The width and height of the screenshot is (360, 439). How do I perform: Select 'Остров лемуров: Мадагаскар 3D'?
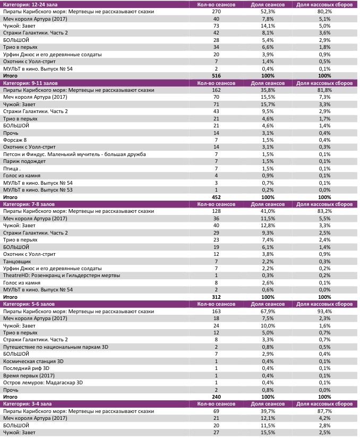tap(43, 382)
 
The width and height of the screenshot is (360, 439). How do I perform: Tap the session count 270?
tap(217, 11)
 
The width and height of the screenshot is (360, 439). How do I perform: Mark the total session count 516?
tap(216, 76)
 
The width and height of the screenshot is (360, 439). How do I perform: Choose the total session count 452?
tap(216, 197)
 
